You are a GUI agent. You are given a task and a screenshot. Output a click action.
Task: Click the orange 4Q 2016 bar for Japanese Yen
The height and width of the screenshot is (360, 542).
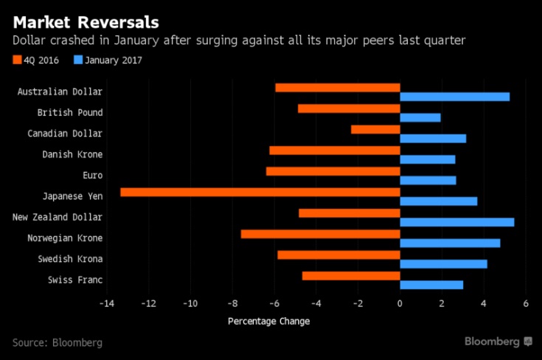coord(260,193)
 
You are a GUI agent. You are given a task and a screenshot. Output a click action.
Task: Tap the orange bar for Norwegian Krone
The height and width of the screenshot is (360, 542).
coord(320,235)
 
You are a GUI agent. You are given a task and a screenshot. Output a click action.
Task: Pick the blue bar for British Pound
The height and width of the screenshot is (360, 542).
coord(420,117)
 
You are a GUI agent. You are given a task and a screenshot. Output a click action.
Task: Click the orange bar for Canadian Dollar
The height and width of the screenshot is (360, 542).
coord(375,129)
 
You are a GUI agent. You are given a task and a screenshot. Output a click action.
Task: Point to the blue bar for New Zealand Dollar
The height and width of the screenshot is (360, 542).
coord(456,222)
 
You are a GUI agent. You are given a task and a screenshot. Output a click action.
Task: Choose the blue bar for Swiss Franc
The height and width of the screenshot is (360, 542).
coord(431,285)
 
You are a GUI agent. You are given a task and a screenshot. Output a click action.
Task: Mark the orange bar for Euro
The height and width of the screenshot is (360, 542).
coord(333,171)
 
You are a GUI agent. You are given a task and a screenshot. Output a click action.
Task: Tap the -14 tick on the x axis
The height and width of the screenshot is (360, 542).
coord(107,303)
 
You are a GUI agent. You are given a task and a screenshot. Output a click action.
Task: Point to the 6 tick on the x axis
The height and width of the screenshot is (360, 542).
coord(526,303)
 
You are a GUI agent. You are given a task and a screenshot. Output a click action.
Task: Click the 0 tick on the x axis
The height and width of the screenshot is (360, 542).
coord(400,303)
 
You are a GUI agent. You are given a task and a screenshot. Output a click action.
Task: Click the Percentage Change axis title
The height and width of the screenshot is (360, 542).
coord(268,321)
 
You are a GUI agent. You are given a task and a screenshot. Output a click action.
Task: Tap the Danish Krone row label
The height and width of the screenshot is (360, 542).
coord(72,154)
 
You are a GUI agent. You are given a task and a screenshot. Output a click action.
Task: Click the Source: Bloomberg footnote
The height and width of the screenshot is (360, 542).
coord(57,342)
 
